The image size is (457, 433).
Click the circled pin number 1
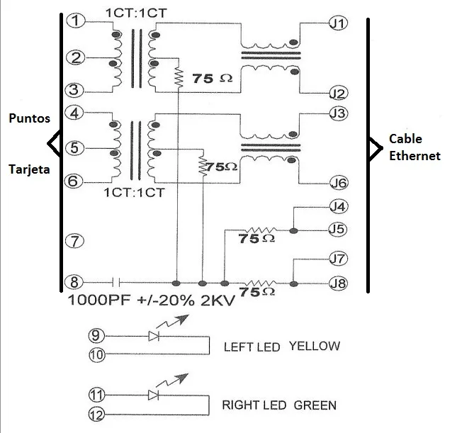[x=76, y=21]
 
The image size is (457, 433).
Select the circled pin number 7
[x=74, y=241]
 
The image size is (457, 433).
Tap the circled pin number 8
[x=74, y=282]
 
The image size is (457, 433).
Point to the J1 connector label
[x=339, y=23]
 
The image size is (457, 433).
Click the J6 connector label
[x=339, y=183]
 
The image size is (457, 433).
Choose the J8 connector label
[x=338, y=283]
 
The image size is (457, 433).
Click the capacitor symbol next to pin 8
[x=116, y=282]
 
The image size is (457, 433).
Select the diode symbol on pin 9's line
[x=154, y=336]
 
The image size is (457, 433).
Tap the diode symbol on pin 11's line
[x=153, y=395]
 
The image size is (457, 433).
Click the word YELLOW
[x=315, y=346]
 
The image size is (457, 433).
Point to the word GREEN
[x=315, y=405]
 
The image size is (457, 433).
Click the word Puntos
[x=30, y=118]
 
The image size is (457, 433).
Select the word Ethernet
[x=414, y=156]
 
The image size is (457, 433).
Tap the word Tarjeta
[x=29, y=169]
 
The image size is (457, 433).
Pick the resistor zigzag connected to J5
[x=261, y=230]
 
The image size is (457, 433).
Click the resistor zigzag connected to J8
[x=260, y=283]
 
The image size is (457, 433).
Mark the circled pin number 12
[x=96, y=415]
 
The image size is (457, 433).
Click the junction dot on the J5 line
[x=293, y=231]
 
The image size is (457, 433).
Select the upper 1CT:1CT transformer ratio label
[x=136, y=13]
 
